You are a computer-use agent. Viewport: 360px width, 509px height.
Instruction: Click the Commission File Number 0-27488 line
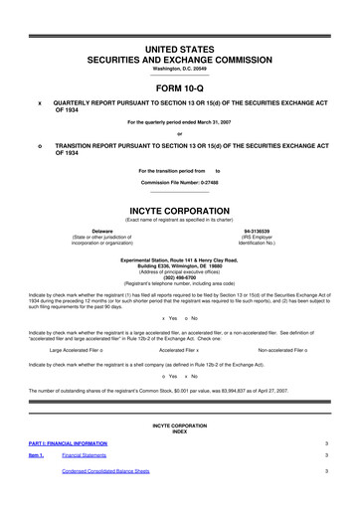pos(180,184)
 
